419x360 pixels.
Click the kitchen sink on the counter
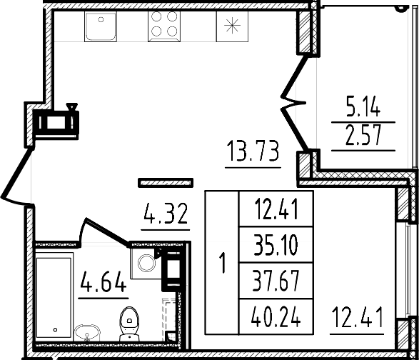(100, 28)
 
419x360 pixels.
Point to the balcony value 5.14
(363, 109)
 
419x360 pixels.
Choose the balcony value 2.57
(363, 136)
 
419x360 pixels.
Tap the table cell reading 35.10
(275, 247)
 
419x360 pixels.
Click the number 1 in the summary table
(223, 263)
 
